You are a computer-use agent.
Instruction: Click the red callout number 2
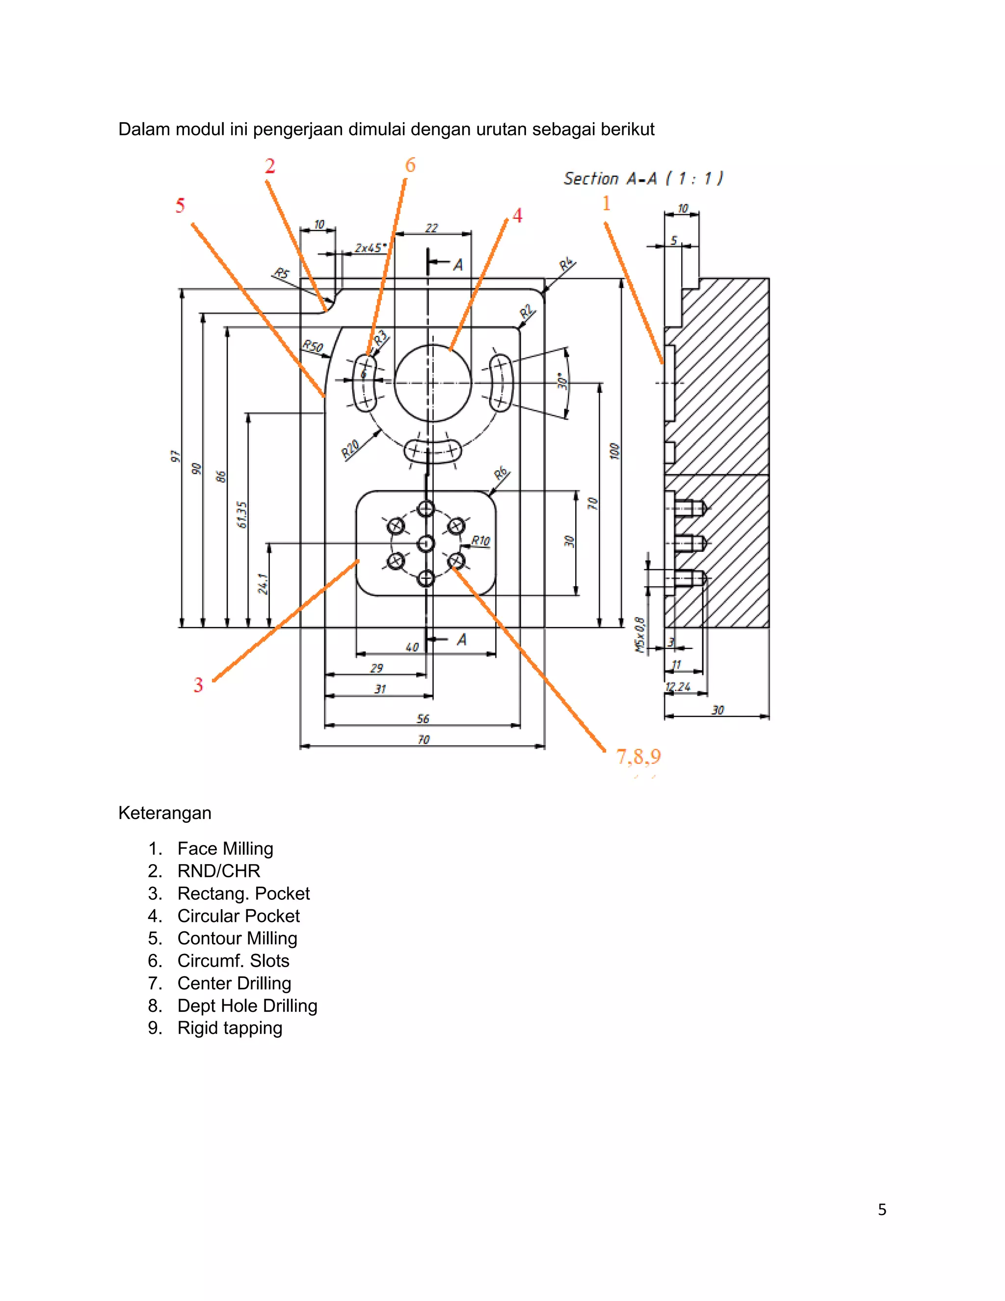(x=270, y=166)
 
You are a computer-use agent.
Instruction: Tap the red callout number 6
(x=410, y=165)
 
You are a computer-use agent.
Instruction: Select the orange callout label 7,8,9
(x=638, y=757)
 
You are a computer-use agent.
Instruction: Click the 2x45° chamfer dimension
(x=370, y=247)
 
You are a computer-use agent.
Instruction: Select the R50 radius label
(x=313, y=346)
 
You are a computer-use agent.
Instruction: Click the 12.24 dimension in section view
(x=678, y=687)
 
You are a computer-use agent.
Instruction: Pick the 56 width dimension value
(x=423, y=718)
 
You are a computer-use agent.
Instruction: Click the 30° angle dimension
(x=561, y=381)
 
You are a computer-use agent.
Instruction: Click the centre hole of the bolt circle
(x=425, y=543)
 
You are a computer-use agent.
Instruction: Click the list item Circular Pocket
(x=238, y=916)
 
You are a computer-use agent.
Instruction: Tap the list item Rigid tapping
(x=230, y=1028)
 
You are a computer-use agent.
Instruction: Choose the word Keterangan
(x=165, y=813)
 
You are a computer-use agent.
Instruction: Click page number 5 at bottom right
(x=882, y=1209)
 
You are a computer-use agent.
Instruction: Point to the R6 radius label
(x=502, y=474)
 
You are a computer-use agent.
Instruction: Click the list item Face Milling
(x=225, y=848)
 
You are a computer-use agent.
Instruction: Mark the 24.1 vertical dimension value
(x=263, y=584)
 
